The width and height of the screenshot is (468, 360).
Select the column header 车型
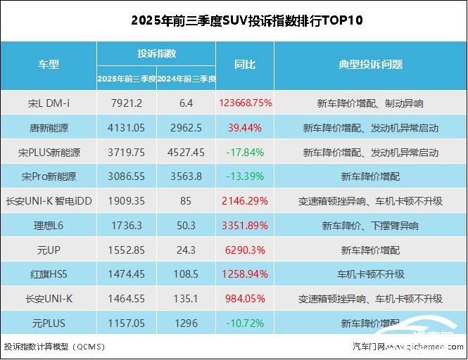click(x=49, y=64)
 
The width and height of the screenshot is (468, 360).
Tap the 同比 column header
click(x=244, y=64)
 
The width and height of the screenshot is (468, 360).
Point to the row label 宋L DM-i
click(x=49, y=103)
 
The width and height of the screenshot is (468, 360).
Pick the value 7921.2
click(x=127, y=103)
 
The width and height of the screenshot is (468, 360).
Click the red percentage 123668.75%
click(x=245, y=103)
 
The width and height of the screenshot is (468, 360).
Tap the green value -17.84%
click(x=245, y=152)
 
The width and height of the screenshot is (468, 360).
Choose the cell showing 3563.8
click(x=186, y=176)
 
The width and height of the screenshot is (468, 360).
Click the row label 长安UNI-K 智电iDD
click(x=49, y=200)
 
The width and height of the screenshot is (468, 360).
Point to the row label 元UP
click(x=49, y=250)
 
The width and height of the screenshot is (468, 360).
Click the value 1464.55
click(x=127, y=299)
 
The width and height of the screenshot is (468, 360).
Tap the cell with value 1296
click(x=186, y=323)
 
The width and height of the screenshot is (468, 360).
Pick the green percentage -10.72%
click(x=245, y=323)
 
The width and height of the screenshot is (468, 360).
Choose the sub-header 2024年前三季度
click(x=186, y=77)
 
